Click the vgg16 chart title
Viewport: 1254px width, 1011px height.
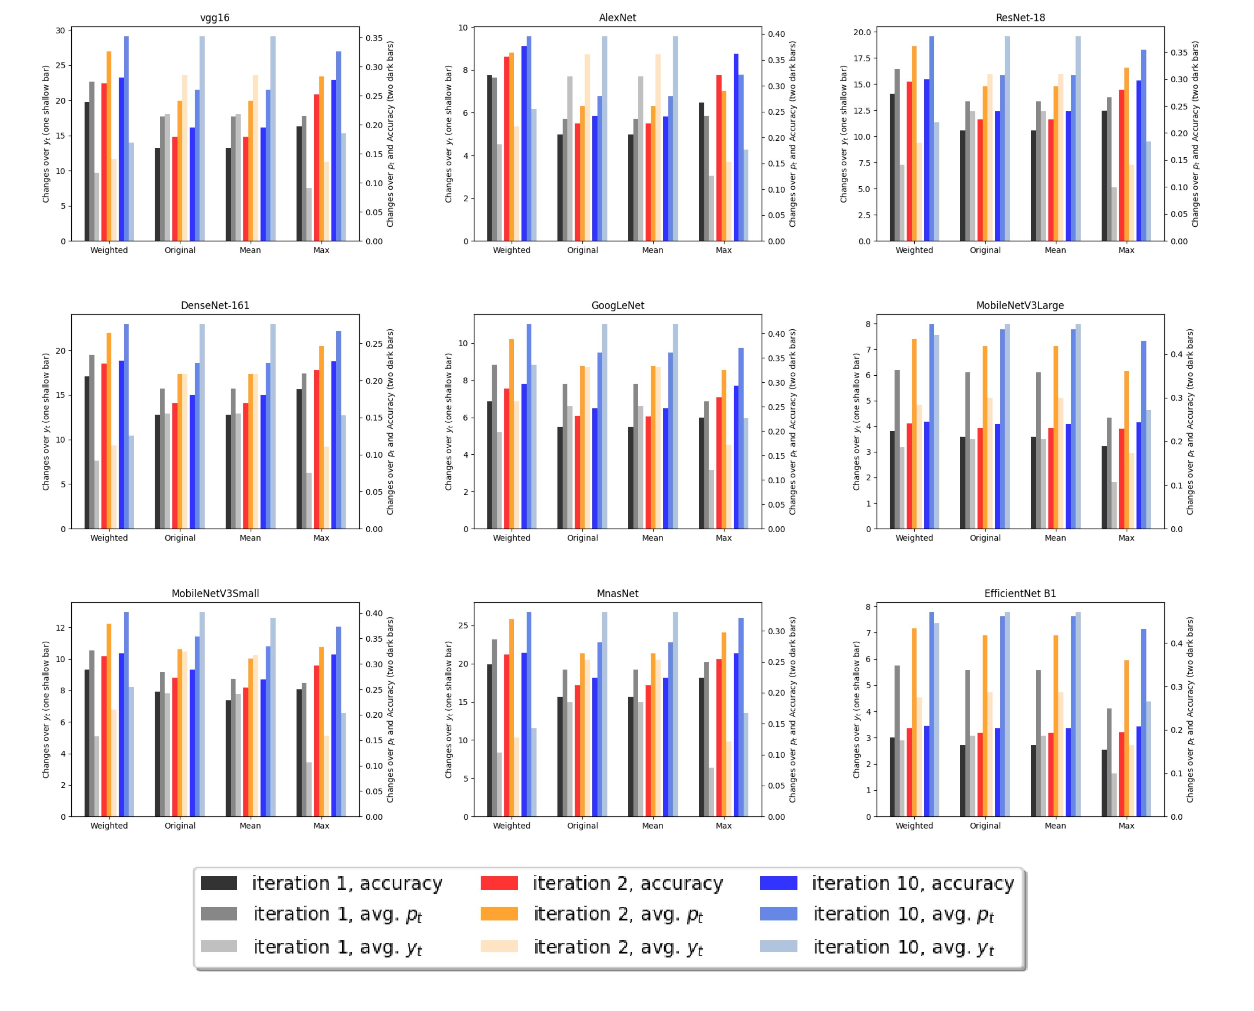[x=214, y=18]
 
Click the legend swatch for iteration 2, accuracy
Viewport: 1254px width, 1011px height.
[x=498, y=883]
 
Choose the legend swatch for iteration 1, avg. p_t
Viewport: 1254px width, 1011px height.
[x=219, y=914]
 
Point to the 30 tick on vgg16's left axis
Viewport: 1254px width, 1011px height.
[x=60, y=30]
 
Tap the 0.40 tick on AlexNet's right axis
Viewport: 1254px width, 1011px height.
[x=776, y=34]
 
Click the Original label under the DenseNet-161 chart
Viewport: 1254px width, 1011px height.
[x=180, y=538]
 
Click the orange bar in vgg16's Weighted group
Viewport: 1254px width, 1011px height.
[x=109, y=146]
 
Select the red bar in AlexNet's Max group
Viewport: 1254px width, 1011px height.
[x=719, y=158]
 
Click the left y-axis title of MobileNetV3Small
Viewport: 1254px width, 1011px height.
[x=45, y=709]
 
